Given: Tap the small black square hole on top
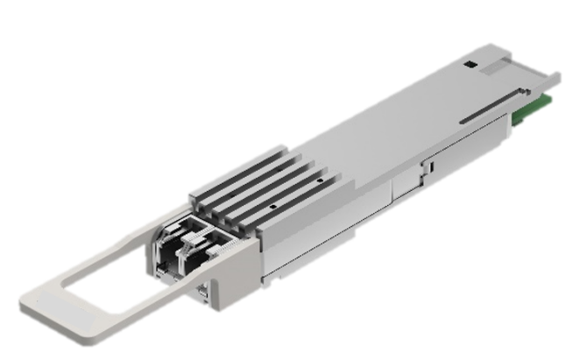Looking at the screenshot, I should tap(470, 65).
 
